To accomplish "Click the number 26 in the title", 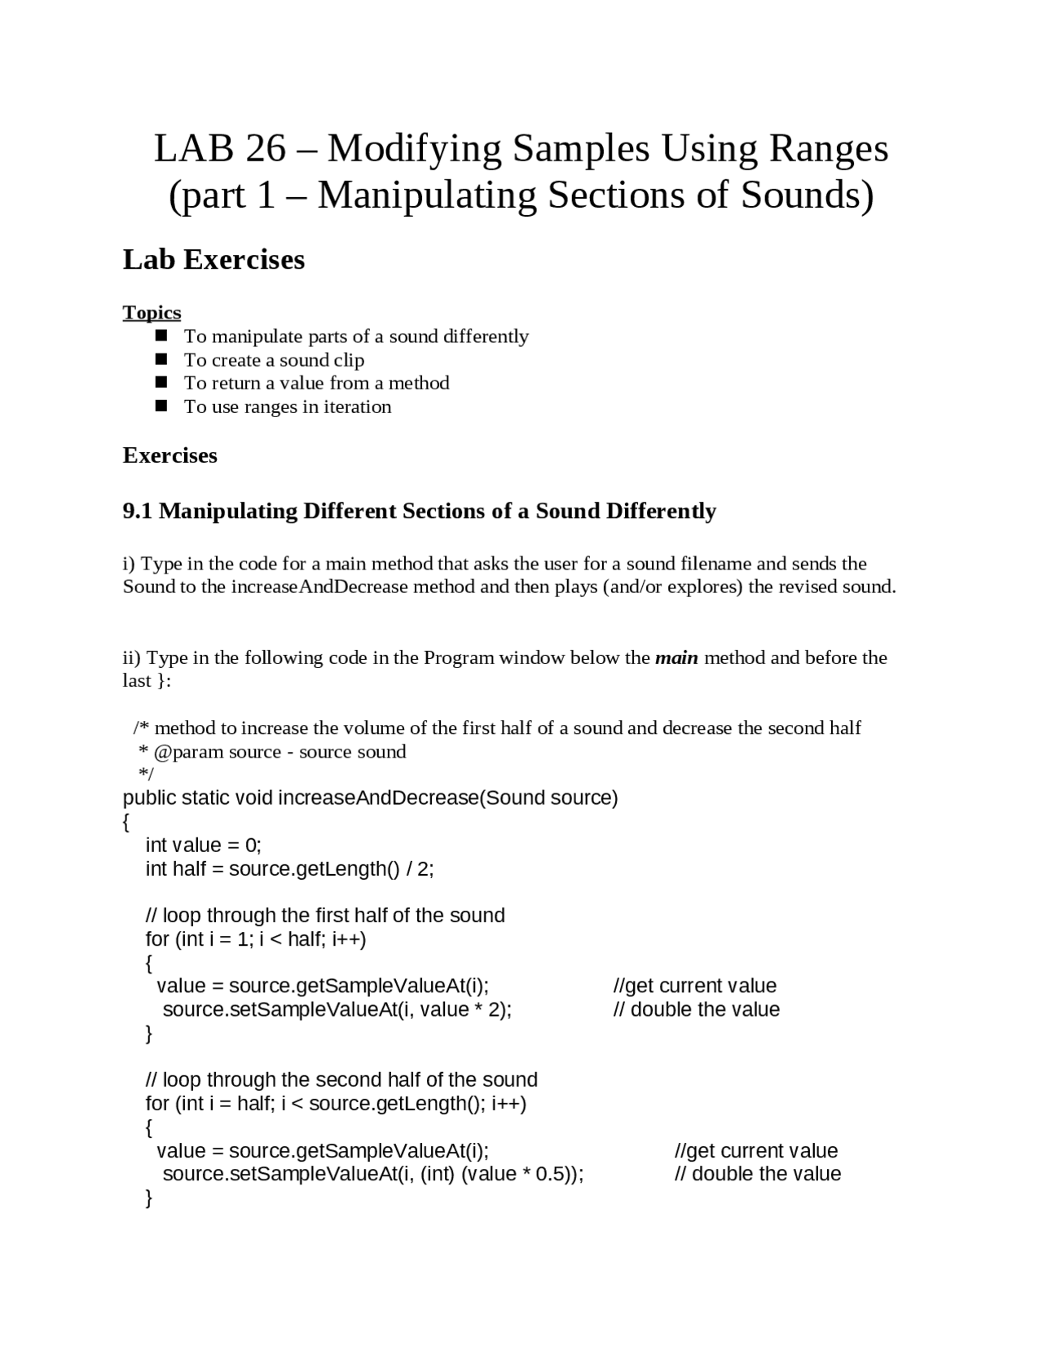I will coord(266,148).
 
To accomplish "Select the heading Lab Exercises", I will coord(213,259).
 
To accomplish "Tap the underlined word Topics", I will coord(152,313).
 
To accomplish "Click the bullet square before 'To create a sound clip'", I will coord(161,359).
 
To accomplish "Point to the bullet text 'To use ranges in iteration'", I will coord(287,406).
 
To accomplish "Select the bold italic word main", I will coord(676,657).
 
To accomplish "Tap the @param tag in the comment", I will coord(188,752).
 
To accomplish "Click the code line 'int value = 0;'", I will coord(203,845).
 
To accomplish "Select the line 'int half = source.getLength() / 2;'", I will coord(289,868).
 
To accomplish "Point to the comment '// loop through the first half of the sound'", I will coord(325,916).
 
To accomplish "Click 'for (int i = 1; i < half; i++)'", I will coord(256,939).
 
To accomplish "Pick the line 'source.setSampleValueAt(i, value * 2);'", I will coord(337,1010).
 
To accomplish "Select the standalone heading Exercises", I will coord(169,455).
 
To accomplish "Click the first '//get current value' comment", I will coord(694,986).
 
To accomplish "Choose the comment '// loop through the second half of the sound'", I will coord(341,1080).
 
